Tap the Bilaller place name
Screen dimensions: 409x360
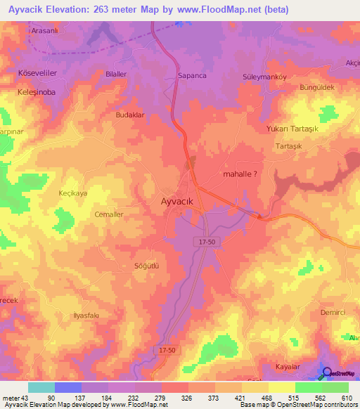coord(115,74)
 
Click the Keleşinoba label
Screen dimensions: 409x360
coord(37,91)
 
